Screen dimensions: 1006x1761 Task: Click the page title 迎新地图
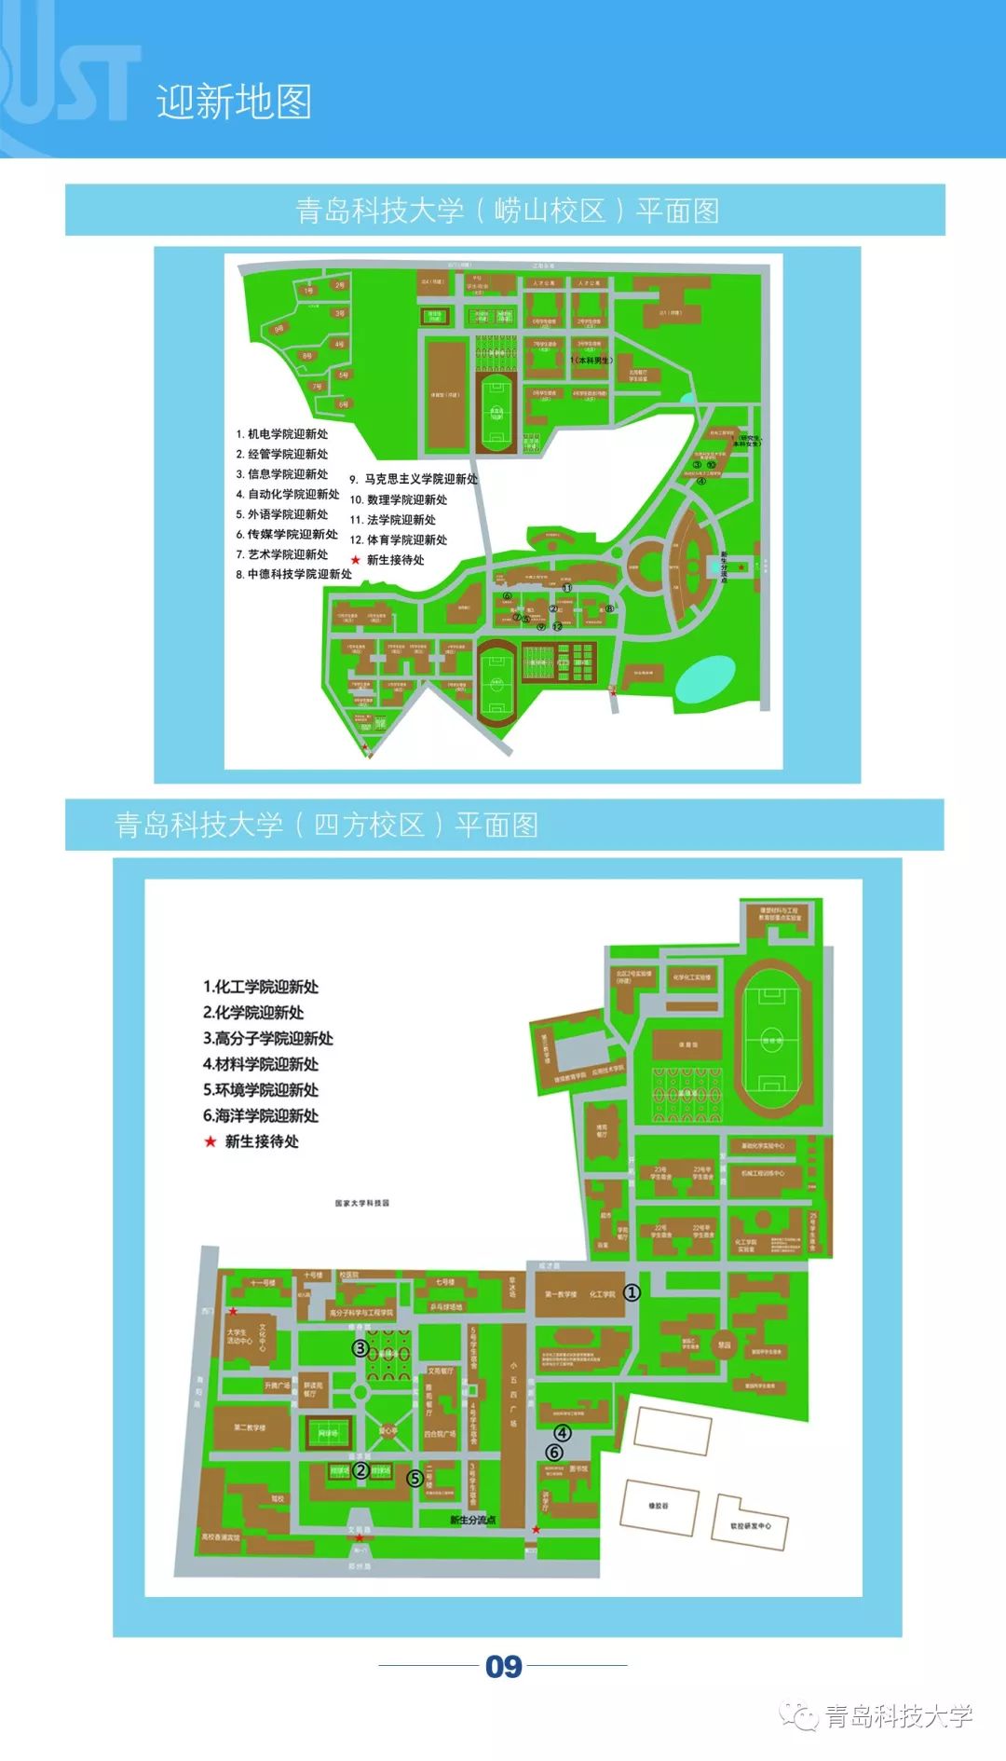234,102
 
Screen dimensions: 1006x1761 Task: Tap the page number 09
503,1666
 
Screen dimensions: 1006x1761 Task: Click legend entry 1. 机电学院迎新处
282,434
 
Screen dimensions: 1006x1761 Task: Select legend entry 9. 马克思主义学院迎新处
414,479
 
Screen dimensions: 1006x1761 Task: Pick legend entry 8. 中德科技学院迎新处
294,575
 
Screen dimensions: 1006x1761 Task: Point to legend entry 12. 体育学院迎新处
399,540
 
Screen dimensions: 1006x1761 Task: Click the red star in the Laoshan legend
355,560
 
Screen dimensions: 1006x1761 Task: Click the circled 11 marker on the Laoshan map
566,588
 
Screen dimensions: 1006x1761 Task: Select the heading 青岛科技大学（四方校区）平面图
326,825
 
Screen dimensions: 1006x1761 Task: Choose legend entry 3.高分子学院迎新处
268,1038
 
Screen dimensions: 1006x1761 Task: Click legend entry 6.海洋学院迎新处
261,1115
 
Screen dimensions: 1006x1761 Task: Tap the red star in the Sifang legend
211,1141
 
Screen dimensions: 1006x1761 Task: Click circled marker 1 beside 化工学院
632,1292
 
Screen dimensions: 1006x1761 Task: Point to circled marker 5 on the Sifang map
415,1478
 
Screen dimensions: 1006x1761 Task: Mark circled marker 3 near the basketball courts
360,1347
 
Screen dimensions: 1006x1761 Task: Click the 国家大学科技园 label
362,1203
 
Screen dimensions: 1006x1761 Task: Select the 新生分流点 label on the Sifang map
472,1520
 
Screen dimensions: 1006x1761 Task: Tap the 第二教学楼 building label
250,1427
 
